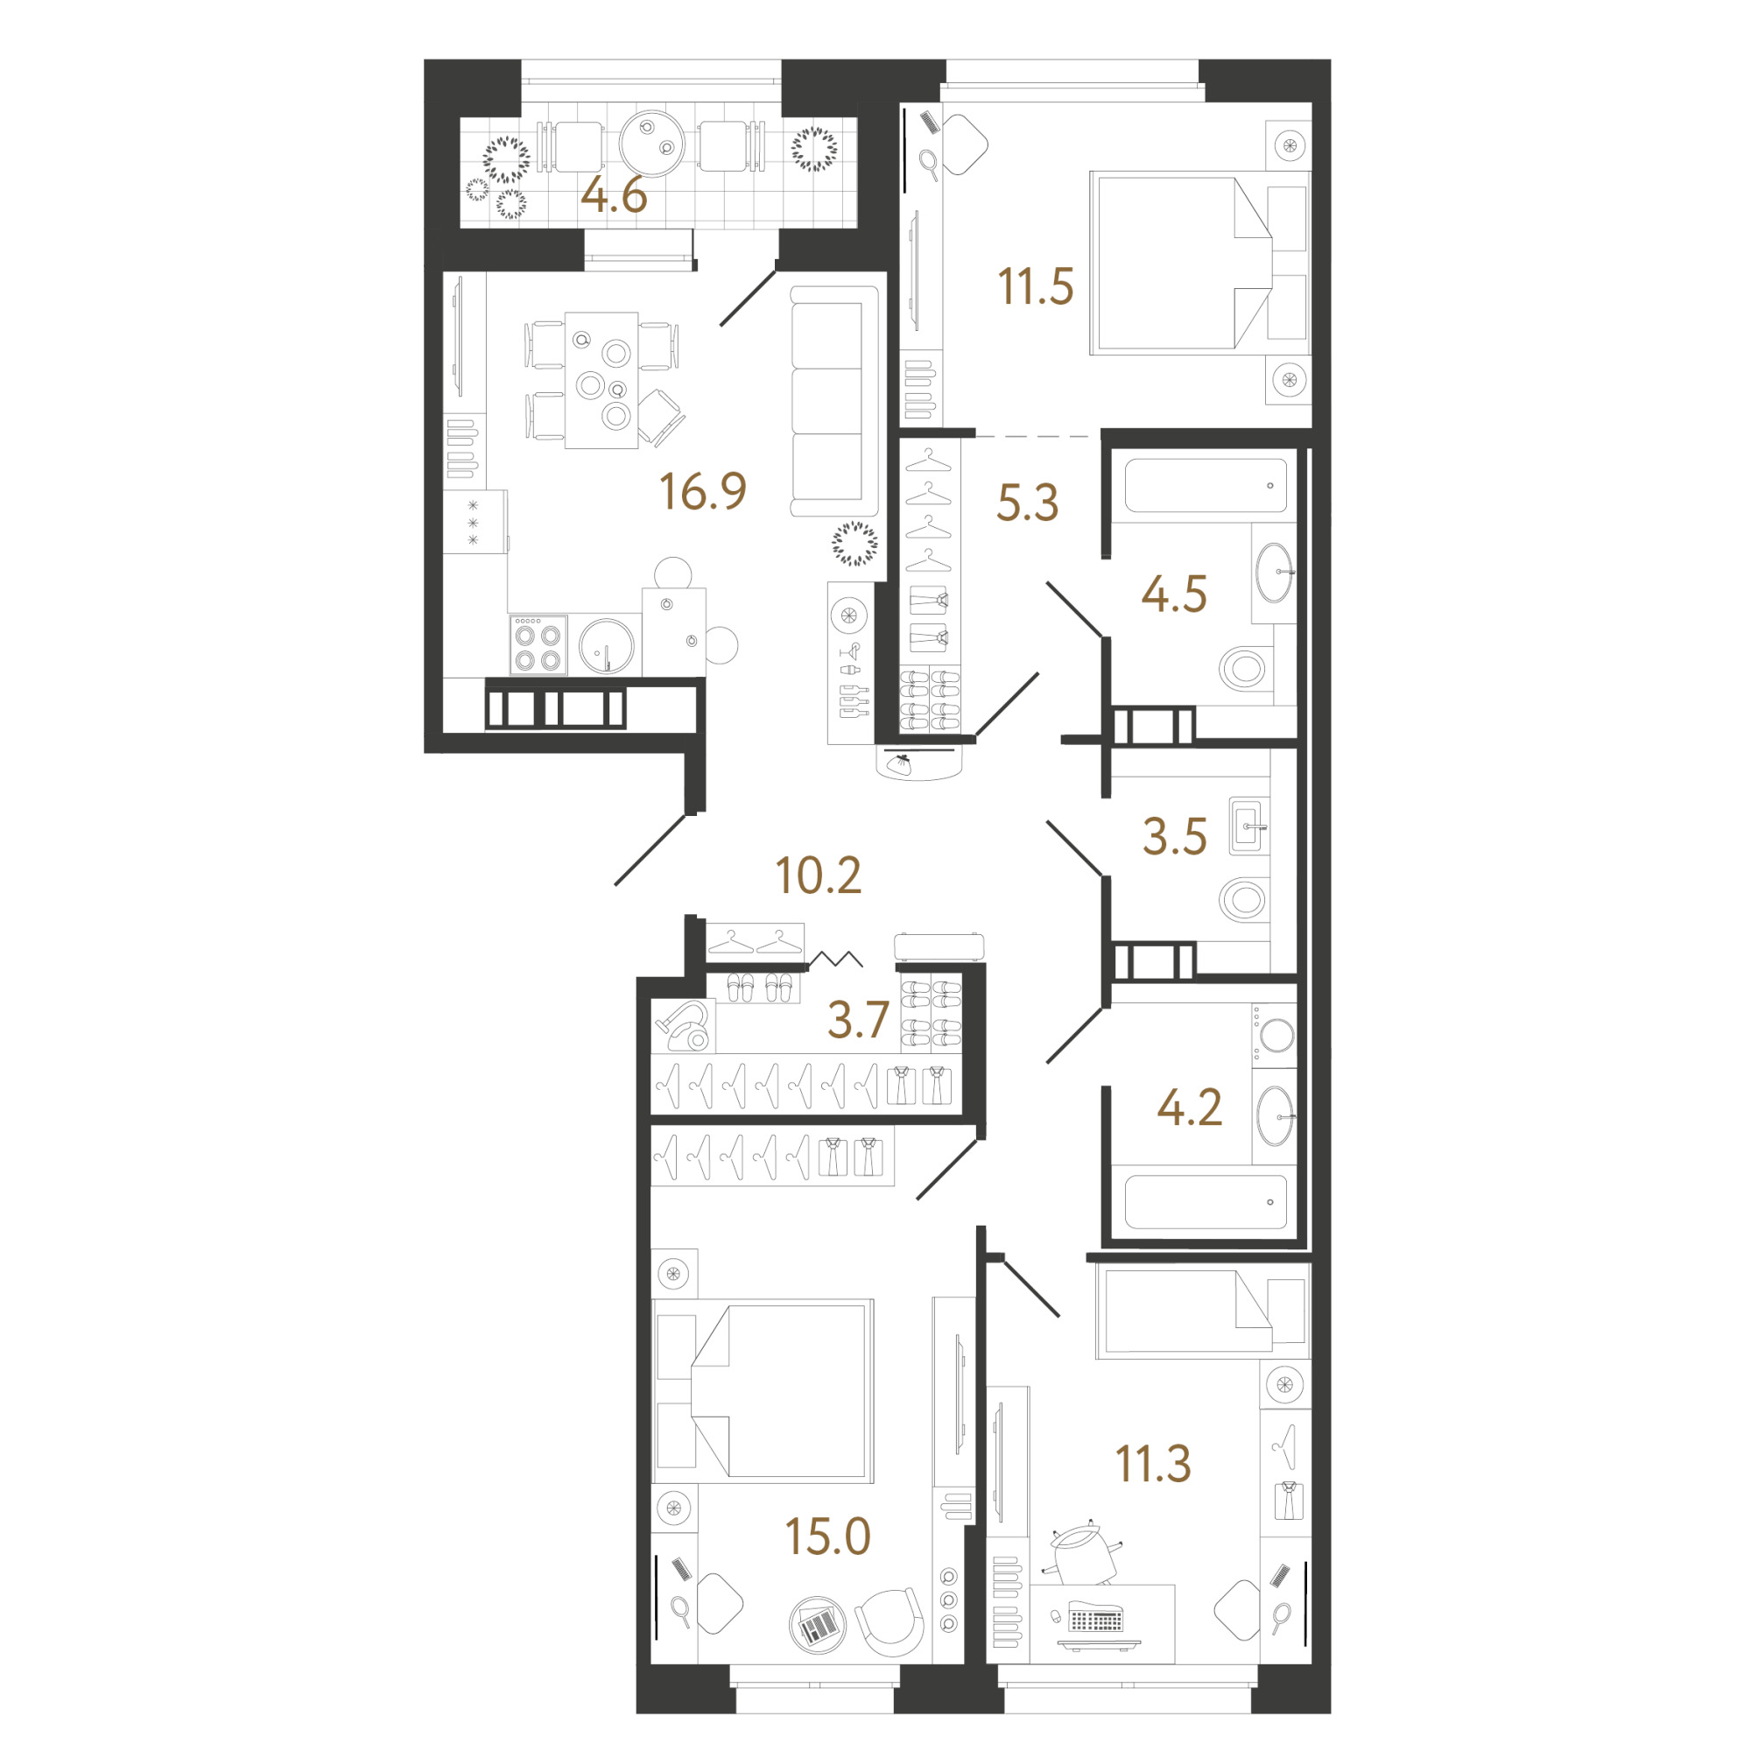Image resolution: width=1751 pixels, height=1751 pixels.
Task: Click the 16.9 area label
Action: click(702, 491)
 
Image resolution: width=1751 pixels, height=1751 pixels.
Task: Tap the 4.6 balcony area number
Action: click(614, 195)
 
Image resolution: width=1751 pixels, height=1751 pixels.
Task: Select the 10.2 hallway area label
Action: click(819, 875)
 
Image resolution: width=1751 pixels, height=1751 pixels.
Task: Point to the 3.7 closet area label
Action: click(857, 1020)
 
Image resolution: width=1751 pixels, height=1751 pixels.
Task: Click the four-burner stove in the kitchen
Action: click(538, 645)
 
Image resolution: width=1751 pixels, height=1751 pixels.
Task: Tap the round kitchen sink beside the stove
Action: click(607, 646)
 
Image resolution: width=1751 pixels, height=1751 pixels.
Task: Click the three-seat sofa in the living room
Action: click(834, 402)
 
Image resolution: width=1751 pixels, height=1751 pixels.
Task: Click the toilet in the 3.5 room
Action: click(1244, 900)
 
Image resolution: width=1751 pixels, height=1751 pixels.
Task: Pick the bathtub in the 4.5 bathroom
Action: click(1206, 485)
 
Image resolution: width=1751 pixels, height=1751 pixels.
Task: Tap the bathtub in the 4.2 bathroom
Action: click(1206, 1202)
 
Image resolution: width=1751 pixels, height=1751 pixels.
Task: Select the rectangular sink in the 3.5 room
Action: click(1249, 826)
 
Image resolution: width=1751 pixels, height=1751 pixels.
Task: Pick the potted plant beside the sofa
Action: click(854, 544)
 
